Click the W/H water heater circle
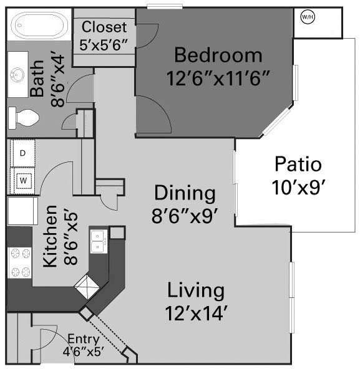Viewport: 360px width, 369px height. click(x=308, y=17)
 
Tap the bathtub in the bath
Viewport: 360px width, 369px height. click(x=39, y=25)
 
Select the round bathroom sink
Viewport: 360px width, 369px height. click(x=17, y=75)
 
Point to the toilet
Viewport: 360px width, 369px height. click(x=24, y=118)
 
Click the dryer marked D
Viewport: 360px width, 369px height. click(x=23, y=153)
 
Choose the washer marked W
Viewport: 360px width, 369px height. click(x=23, y=181)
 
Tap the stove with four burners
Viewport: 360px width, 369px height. click(x=20, y=263)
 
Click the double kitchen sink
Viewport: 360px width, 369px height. click(x=99, y=241)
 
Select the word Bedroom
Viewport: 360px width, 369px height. click(x=218, y=55)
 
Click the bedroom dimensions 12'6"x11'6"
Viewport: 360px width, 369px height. click(x=218, y=79)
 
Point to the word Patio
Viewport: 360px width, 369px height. click(x=298, y=164)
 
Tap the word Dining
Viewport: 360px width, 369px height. click(x=185, y=193)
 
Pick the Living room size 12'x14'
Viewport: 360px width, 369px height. click(x=196, y=314)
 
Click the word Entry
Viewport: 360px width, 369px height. click(x=84, y=340)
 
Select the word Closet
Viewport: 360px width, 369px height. click(x=104, y=27)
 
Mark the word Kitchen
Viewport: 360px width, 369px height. click(x=51, y=236)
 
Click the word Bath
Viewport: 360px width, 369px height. click(x=37, y=79)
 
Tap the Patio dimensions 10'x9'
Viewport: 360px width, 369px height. click(x=298, y=188)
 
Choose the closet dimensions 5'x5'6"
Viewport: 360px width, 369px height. click(x=104, y=45)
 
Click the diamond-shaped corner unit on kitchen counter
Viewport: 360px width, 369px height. click(x=87, y=287)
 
